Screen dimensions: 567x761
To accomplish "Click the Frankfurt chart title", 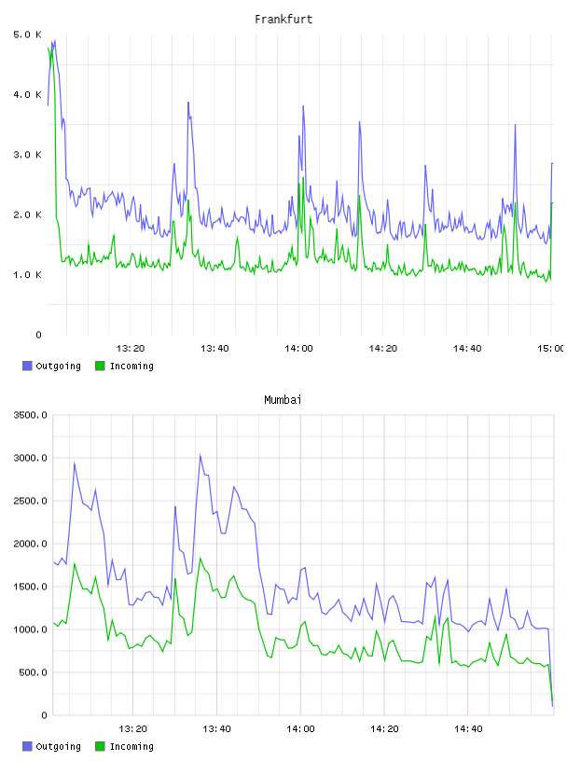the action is click(x=283, y=20).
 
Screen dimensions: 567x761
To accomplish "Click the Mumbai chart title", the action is click(x=283, y=400).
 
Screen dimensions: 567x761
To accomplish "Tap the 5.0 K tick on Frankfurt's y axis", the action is click(x=28, y=35).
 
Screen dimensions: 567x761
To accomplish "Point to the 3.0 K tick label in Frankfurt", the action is click(x=28, y=155).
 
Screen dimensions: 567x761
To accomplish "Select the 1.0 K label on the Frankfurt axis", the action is click(x=28, y=275).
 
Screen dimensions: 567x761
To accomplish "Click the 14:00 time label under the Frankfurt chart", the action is click(x=298, y=348).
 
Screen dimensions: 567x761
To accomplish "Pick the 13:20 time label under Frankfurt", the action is click(x=131, y=348).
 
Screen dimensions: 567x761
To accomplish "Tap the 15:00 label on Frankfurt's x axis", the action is click(x=551, y=348).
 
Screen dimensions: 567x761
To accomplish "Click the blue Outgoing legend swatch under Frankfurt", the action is click(x=27, y=366).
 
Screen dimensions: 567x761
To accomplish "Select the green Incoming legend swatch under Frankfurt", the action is click(x=100, y=366).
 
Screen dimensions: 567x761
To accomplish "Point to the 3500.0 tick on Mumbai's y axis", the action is click(x=30, y=415).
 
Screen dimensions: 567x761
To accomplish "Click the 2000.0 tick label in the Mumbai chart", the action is click(x=30, y=544).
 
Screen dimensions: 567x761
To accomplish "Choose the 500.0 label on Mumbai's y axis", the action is click(x=33, y=672).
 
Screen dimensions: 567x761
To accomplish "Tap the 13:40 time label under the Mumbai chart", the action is click(x=216, y=728).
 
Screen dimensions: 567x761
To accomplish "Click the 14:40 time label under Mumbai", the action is click(x=468, y=728).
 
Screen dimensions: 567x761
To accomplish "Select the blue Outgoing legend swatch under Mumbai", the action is click(x=27, y=746).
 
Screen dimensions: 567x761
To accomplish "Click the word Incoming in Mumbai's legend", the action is click(x=131, y=746).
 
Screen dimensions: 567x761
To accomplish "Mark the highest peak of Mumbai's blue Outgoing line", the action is click(x=200, y=455).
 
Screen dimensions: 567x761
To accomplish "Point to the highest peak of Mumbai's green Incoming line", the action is click(x=200, y=558).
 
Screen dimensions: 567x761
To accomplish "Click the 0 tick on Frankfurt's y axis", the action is click(x=39, y=335).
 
